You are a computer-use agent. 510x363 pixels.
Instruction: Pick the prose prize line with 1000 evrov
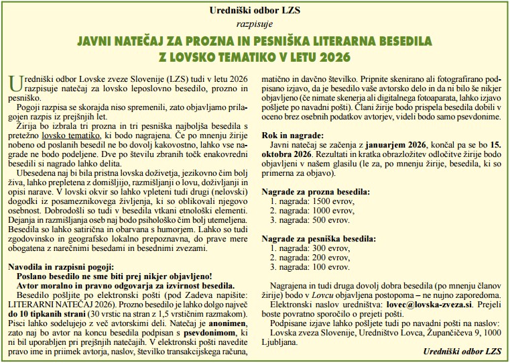(x=309, y=210)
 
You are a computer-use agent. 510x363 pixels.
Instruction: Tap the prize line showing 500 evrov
(x=308, y=219)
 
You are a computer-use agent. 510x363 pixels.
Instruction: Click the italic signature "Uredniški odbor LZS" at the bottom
(x=462, y=351)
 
